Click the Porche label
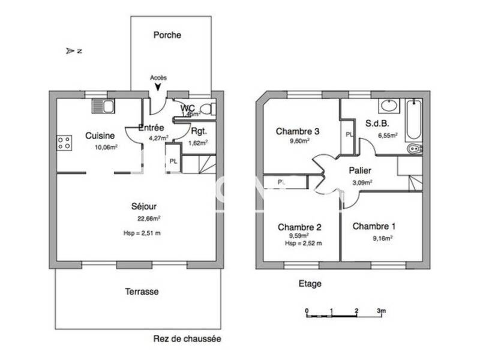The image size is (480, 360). coord(167,35)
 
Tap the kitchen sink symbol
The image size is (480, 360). coord(103,107)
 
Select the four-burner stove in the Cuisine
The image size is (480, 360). coord(64,143)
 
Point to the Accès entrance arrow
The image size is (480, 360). coord(158,88)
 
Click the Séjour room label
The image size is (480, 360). coord(144,206)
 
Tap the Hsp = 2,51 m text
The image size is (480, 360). coord(142,233)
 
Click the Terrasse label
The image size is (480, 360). coord(142,292)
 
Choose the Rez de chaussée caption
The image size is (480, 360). coord(187,339)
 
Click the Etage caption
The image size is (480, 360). coord(310,284)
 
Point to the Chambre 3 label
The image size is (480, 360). coord(298,131)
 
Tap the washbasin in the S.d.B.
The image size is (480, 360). coord(389,106)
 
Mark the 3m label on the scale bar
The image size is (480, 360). coord(381,311)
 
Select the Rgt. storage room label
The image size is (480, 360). coord(199,131)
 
